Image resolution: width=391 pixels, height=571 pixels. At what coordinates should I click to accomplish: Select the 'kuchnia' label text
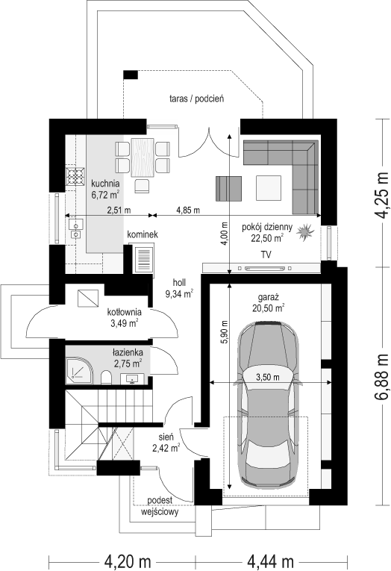pyautogui.click(x=105, y=184)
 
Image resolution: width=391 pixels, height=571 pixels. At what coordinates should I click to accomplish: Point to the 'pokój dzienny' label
pyautogui.click(x=266, y=228)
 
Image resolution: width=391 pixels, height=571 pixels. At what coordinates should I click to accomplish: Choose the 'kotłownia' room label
pyautogui.click(x=124, y=313)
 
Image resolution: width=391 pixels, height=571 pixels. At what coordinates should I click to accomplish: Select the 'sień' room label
pyautogui.click(x=165, y=437)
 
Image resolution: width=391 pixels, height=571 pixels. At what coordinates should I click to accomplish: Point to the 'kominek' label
pyautogui.click(x=142, y=234)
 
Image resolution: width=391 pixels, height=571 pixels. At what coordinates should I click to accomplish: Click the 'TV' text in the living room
pyautogui.click(x=266, y=255)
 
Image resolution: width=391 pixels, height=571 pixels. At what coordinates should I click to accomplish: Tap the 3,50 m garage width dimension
pyautogui.click(x=266, y=378)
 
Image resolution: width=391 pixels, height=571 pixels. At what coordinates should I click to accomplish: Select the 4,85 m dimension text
pyautogui.click(x=187, y=210)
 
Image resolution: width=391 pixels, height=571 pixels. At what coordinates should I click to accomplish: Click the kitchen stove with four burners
pyautogui.click(x=75, y=178)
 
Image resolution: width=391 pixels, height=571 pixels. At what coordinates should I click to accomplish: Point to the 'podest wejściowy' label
pyautogui.click(x=160, y=505)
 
